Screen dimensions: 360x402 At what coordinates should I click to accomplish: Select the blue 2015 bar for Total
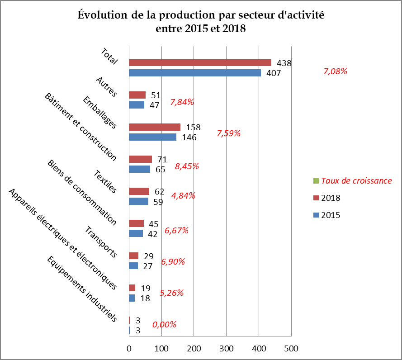195,73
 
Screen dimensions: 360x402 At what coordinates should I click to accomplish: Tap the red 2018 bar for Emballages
155,127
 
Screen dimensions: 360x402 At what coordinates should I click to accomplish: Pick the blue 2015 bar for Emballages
152,137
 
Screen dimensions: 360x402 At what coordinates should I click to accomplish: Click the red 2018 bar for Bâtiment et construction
140,159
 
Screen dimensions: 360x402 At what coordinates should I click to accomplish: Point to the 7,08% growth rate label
336,71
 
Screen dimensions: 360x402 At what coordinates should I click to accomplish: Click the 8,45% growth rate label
187,166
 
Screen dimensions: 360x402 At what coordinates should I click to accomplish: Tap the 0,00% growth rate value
164,324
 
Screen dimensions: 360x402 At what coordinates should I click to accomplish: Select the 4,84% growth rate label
183,196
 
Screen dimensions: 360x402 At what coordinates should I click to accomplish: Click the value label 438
284,63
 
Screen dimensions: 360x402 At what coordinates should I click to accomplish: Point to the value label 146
189,137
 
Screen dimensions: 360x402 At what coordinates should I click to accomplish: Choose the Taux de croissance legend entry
356,181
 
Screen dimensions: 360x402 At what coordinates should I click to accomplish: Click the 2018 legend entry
331,198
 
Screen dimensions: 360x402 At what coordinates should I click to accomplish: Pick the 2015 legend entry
331,215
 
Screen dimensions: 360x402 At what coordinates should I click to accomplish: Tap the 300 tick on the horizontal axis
227,349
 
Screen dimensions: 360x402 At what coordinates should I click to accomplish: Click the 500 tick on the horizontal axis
291,349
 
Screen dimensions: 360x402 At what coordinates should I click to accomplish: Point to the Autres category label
106,87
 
